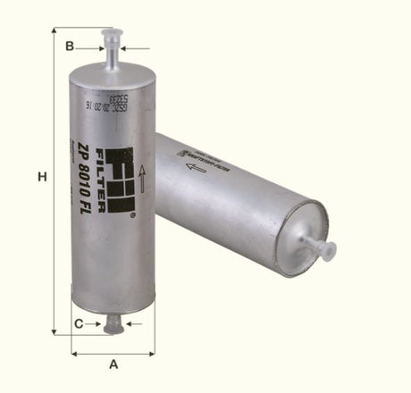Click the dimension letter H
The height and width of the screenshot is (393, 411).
(x=42, y=179)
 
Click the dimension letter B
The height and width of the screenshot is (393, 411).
(x=69, y=46)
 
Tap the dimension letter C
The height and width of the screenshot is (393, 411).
(x=79, y=322)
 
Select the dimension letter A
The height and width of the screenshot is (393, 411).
(x=113, y=364)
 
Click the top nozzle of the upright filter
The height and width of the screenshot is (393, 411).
(x=111, y=49)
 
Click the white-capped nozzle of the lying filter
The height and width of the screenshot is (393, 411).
(x=320, y=247)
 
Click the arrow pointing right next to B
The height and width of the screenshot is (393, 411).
(x=96, y=46)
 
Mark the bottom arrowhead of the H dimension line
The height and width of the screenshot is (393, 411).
(x=55, y=331)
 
